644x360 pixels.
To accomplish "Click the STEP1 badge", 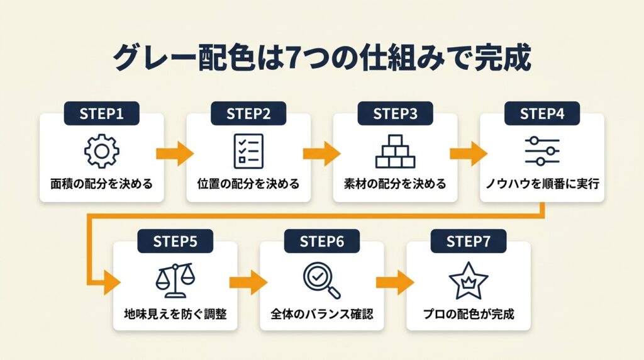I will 102,113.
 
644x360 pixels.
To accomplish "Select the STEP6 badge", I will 322,242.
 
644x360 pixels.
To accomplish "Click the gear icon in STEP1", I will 102,151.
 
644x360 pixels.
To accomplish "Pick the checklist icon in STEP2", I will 248,151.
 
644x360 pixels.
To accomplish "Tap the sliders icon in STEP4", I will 542,151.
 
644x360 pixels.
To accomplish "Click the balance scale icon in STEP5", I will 175,279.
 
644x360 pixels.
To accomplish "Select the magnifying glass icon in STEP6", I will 321,279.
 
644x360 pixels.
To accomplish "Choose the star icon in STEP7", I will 469,279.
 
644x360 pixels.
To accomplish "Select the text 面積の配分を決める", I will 102,184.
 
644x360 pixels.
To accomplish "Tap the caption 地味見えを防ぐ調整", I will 175,313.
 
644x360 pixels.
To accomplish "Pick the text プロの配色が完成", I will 469,313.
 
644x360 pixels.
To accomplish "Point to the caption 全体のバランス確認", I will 322,313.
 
